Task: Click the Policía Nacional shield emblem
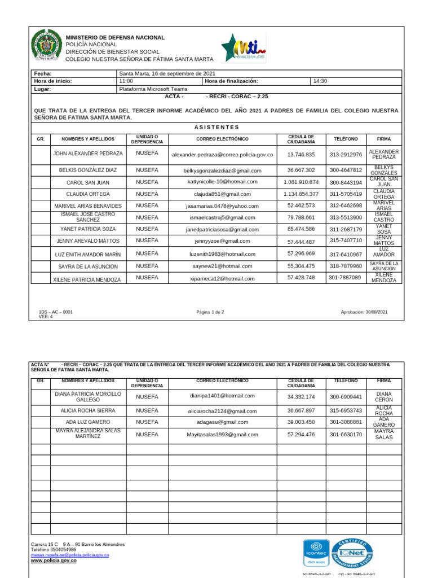click(x=45, y=46)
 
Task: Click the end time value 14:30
click(x=320, y=81)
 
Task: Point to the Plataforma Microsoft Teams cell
click(x=153, y=89)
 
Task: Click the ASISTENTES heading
click(x=216, y=128)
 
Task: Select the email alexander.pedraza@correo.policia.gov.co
click(x=222, y=155)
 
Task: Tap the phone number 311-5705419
click(x=346, y=194)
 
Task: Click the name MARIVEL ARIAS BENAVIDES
click(x=87, y=206)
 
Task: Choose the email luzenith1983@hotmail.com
click(x=222, y=254)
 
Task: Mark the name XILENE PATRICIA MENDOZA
click(x=87, y=279)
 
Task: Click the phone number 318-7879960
click(x=346, y=266)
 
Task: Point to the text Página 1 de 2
click(x=210, y=312)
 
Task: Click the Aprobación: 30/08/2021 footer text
click(x=364, y=312)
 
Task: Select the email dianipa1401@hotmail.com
click(x=222, y=396)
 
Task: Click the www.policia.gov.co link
click(x=54, y=561)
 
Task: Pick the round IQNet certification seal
click(x=352, y=554)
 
